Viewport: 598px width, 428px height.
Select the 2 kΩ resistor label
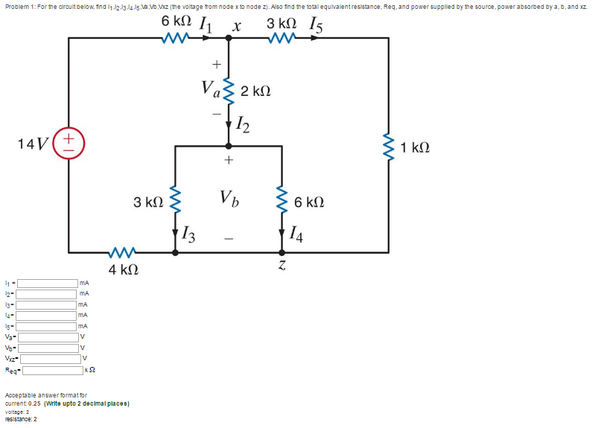click(255, 92)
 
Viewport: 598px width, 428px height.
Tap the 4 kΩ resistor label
click(121, 269)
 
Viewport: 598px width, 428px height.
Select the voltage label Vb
click(229, 198)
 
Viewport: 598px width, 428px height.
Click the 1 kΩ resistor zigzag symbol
click(388, 149)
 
